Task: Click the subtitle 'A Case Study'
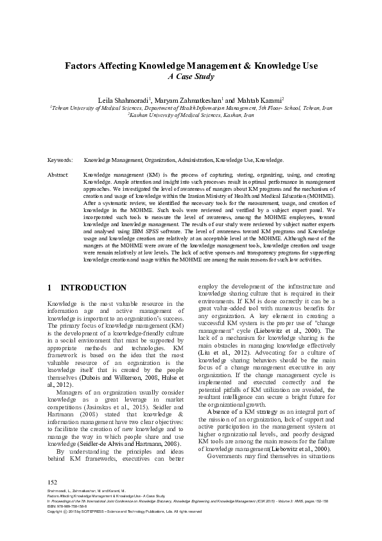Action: tap(191, 76)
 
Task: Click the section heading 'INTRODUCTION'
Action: tap(93, 287)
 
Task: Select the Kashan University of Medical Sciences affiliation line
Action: tap(191, 116)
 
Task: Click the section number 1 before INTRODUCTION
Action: tap(50, 287)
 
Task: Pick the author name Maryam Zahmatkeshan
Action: tap(187, 101)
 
